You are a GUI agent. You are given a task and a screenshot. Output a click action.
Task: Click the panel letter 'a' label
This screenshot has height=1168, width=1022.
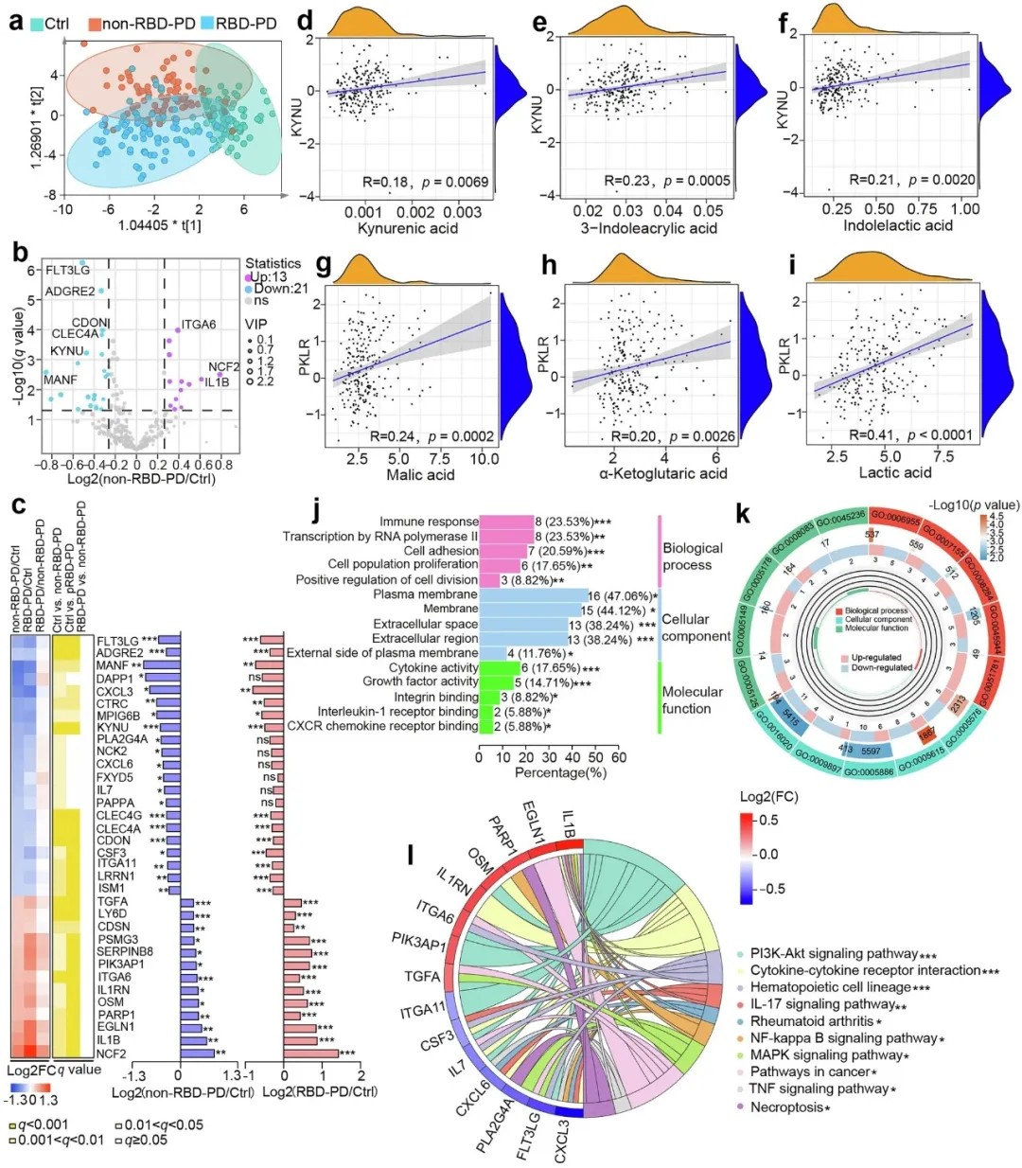coord(16,20)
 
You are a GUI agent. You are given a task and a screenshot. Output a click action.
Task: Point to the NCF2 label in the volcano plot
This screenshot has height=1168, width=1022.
coord(224,366)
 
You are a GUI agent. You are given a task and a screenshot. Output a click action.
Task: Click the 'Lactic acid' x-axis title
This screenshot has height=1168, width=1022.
coord(894,472)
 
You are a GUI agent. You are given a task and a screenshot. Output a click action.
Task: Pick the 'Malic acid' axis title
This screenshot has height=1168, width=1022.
coord(420,474)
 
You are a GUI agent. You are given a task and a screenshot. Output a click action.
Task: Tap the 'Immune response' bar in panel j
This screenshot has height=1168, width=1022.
coord(506,522)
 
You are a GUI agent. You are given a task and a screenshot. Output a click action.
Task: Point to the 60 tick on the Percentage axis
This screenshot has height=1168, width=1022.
coord(619,757)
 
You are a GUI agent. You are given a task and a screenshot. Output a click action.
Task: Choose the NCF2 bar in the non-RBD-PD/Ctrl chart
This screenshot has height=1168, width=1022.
coord(197,1053)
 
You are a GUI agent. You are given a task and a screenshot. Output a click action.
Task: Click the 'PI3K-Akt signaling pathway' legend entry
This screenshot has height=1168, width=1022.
coord(834,953)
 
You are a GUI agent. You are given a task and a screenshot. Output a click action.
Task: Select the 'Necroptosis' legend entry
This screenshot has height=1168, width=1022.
coord(786,1106)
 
